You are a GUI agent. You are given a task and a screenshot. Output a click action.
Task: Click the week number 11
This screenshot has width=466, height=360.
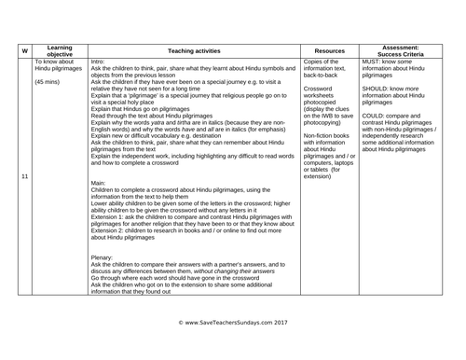coord(20,150)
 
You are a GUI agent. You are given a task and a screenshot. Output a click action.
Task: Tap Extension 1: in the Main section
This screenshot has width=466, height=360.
coord(116,216)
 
